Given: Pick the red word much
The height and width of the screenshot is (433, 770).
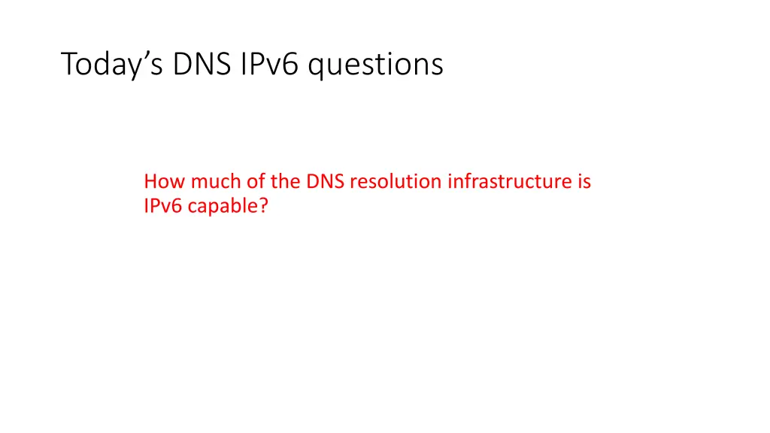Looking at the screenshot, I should pos(208,181).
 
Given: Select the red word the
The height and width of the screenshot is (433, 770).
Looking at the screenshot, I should pos(284,181).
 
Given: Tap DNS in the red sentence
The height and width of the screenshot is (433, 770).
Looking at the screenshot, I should pos(325,181).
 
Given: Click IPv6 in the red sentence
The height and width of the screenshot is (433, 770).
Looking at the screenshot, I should pos(162,206).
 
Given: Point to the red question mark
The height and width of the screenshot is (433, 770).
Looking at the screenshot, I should pos(263,206).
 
